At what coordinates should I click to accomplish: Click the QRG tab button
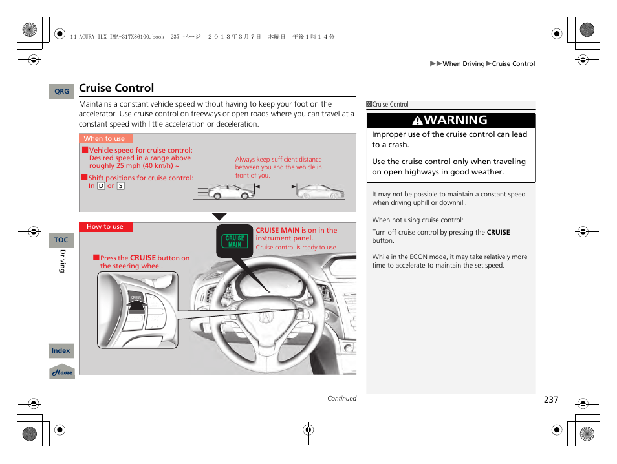tap(61, 92)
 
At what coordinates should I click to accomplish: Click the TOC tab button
tap(61, 240)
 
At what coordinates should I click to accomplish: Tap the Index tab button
tap(61, 350)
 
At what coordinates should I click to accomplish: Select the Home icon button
tap(62, 372)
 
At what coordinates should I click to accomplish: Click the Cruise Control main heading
tap(116, 88)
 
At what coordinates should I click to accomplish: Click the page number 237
tap(550, 399)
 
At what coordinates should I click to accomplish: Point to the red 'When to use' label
tap(105, 138)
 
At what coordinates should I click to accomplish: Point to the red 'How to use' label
tap(105, 227)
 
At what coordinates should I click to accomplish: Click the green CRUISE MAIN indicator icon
tap(235, 241)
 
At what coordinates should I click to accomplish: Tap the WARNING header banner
tap(451, 120)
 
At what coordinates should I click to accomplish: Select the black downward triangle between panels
tap(220, 217)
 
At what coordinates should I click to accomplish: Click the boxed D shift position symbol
tap(101, 186)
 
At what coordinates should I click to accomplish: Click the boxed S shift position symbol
tap(120, 186)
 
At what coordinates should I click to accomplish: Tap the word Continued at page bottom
tap(341, 399)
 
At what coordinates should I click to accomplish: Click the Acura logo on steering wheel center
tap(266, 317)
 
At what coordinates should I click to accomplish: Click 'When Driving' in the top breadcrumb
tap(463, 64)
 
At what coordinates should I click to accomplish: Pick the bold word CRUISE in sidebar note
tap(498, 232)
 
